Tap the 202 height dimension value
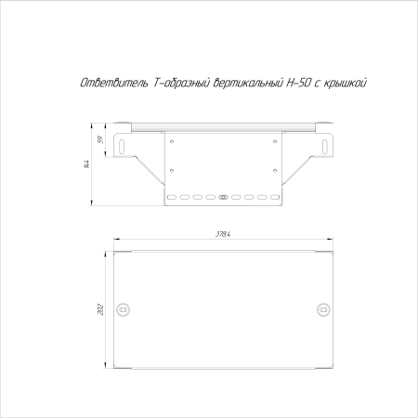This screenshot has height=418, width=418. click(100, 307)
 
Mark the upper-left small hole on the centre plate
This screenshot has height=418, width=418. click(171, 140)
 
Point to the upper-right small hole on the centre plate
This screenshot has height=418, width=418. click(275, 140)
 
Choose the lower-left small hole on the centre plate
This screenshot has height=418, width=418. click(171, 170)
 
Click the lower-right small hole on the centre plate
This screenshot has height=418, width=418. click(275, 170)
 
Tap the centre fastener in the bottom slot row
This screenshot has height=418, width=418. click(223, 197)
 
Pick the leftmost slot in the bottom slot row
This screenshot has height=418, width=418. click(171, 197)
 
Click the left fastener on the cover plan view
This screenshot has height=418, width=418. click(124, 307)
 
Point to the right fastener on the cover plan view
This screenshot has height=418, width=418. click(322, 307)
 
